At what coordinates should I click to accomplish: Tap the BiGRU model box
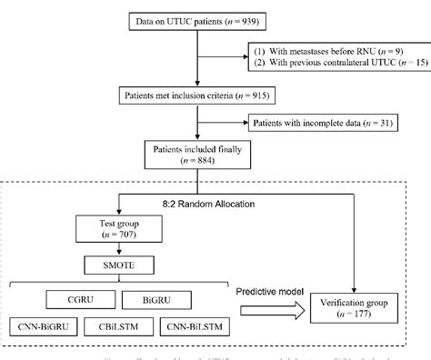[x=189, y=298]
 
